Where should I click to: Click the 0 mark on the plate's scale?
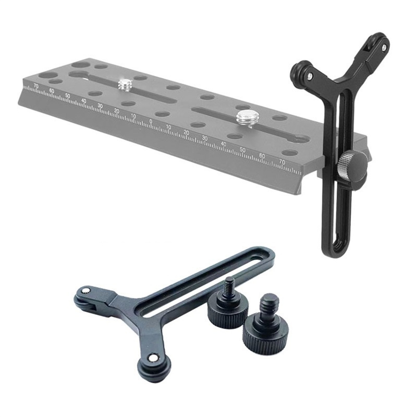[151, 121]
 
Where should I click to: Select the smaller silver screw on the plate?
[124, 85]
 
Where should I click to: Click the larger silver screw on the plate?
[244, 116]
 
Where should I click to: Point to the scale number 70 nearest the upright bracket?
[282, 162]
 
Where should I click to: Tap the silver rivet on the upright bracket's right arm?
[384, 48]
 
